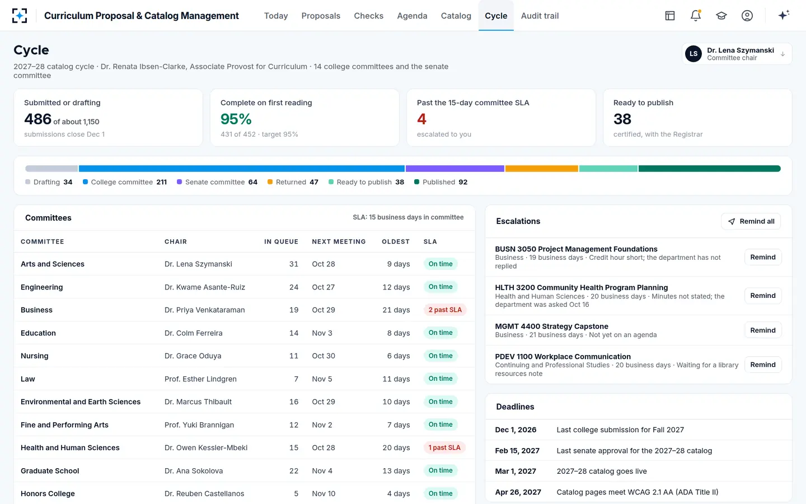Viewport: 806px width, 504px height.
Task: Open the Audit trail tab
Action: pyautogui.click(x=540, y=16)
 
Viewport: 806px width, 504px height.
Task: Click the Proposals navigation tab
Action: pyautogui.click(x=321, y=16)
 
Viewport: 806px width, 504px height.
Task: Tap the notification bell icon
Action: pyautogui.click(x=696, y=16)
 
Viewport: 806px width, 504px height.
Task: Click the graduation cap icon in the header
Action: pyautogui.click(x=721, y=16)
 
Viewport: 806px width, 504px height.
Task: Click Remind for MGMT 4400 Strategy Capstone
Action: pyautogui.click(x=762, y=330)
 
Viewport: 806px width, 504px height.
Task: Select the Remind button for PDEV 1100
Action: pyautogui.click(x=762, y=365)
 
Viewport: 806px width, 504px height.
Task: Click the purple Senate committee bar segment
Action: pyautogui.click(x=455, y=169)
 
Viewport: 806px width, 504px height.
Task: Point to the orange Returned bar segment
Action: pyautogui.click(x=542, y=169)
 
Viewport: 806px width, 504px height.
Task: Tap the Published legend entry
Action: pyautogui.click(x=441, y=182)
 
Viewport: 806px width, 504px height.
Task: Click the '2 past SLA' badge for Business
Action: pyautogui.click(x=445, y=310)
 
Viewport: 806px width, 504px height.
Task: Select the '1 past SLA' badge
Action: pyautogui.click(x=444, y=447)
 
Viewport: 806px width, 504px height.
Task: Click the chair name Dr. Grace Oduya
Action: pyautogui.click(x=193, y=356)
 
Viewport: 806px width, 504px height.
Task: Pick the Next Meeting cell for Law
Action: pyautogui.click(x=322, y=379)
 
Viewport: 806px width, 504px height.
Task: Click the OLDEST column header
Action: pyautogui.click(x=396, y=241)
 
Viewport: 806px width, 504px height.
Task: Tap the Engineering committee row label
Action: pyautogui.click(x=42, y=287)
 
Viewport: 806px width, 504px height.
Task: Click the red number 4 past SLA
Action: pyautogui.click(x=421, y=119)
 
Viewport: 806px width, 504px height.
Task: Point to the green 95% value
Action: pyautogui.click(x=236, y=119)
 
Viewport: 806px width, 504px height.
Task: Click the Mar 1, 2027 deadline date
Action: pyautogui.click(x=516, y=472)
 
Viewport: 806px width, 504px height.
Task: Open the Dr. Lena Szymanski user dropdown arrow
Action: pyautogui.click(x=782, y=54)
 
